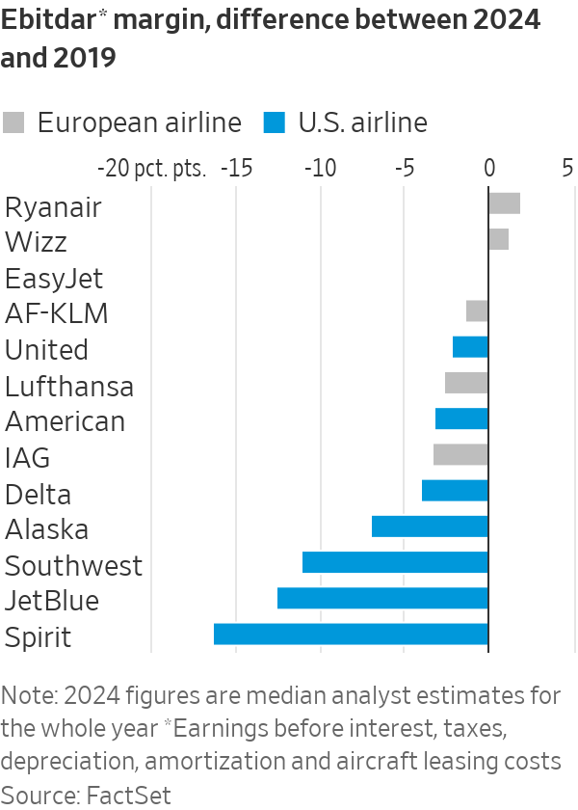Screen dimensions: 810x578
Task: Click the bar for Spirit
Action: pyautogui.click(x=351, y=634)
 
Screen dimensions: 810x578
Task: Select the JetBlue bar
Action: pyautogui.click(x=382, y=599)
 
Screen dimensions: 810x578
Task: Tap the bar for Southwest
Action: pyautogui.click(x=395, y=563)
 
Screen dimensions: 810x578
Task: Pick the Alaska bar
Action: pyautogui.click(x=430, y=526)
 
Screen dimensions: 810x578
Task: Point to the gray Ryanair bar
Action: pyautogui.click(x=504, y=203)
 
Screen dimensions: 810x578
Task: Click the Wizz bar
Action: pyautogui.click(x=498, y=239)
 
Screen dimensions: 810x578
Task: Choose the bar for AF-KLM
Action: pyautogui.click(x=477, y=311)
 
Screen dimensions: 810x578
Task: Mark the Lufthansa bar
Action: pyautogui.click(x=466, y=383)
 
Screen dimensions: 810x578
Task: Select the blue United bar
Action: pyautogui.click(x=470, y=347)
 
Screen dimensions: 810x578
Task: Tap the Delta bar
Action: pyautogui.click(x=455, y=491)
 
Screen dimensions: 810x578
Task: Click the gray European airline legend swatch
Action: pyautogui.click(x=14, y=122)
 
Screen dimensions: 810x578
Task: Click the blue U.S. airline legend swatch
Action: pyautogui.click(x=275, y=122)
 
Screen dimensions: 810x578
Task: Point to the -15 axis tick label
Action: pyautogui.click(x=235, y=168)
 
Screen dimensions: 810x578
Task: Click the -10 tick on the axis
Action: pyautogui.click(x=319, y=168)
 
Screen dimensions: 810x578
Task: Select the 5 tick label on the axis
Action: pyautogui.click(x=567, y=168)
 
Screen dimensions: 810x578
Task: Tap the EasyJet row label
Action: pyautogui.click(x=53, y=279)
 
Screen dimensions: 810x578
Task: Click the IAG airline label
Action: pyautogui.click(x=27, y=457)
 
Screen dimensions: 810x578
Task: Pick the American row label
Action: pyautogui.click(x=65, y=421)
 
